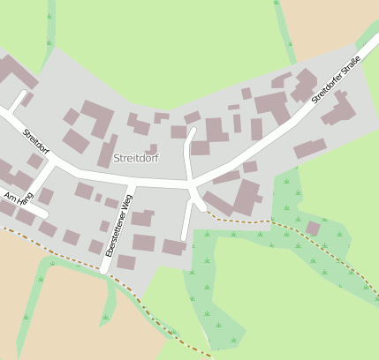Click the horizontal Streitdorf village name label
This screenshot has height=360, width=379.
click(x=136, y=158)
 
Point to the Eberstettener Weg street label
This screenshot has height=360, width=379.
click(x=118, y=226)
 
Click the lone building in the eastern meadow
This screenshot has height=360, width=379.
click(x=313, y=229)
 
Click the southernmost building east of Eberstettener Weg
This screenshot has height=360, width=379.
click(x=127, y=262)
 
